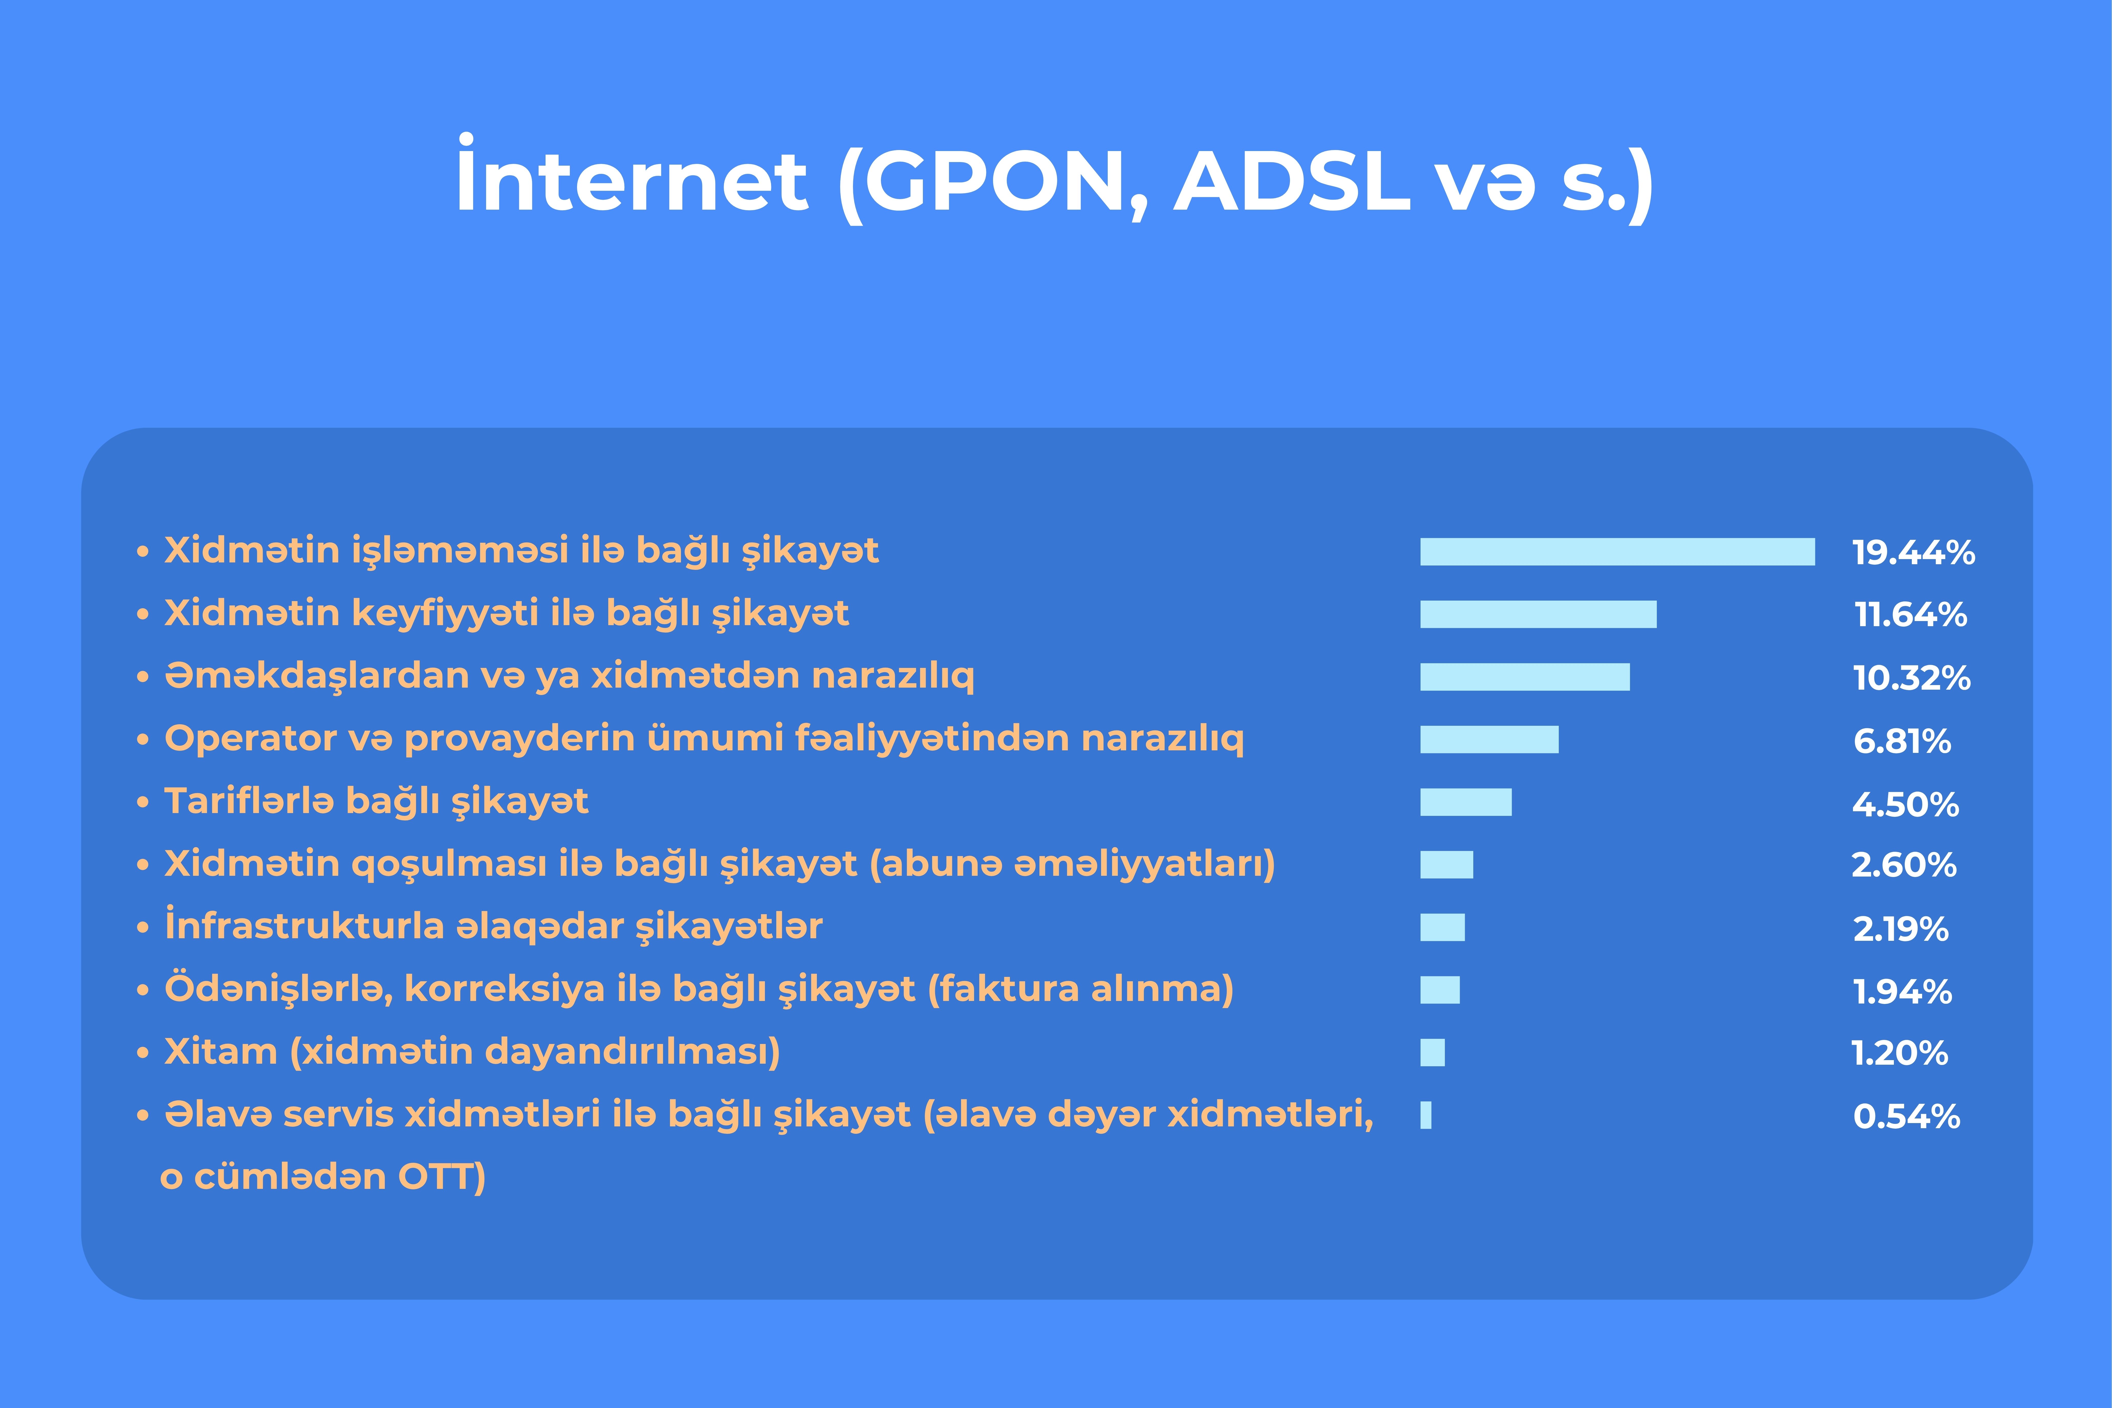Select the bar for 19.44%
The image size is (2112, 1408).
(x=1617, y=551)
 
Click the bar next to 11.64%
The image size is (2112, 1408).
(x=1538, y=614)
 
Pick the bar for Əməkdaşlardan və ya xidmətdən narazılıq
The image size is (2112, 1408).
(x=1525, y=677)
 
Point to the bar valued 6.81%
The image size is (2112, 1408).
(x=1489, y=739)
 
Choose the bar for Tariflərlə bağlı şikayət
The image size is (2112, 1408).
(x=1465, y=802)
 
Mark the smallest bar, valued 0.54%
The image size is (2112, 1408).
(x=1425, y=1115)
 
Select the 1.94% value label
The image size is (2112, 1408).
(x=1902, y=991)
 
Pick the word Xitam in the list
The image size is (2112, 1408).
(x=221, y=1051)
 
